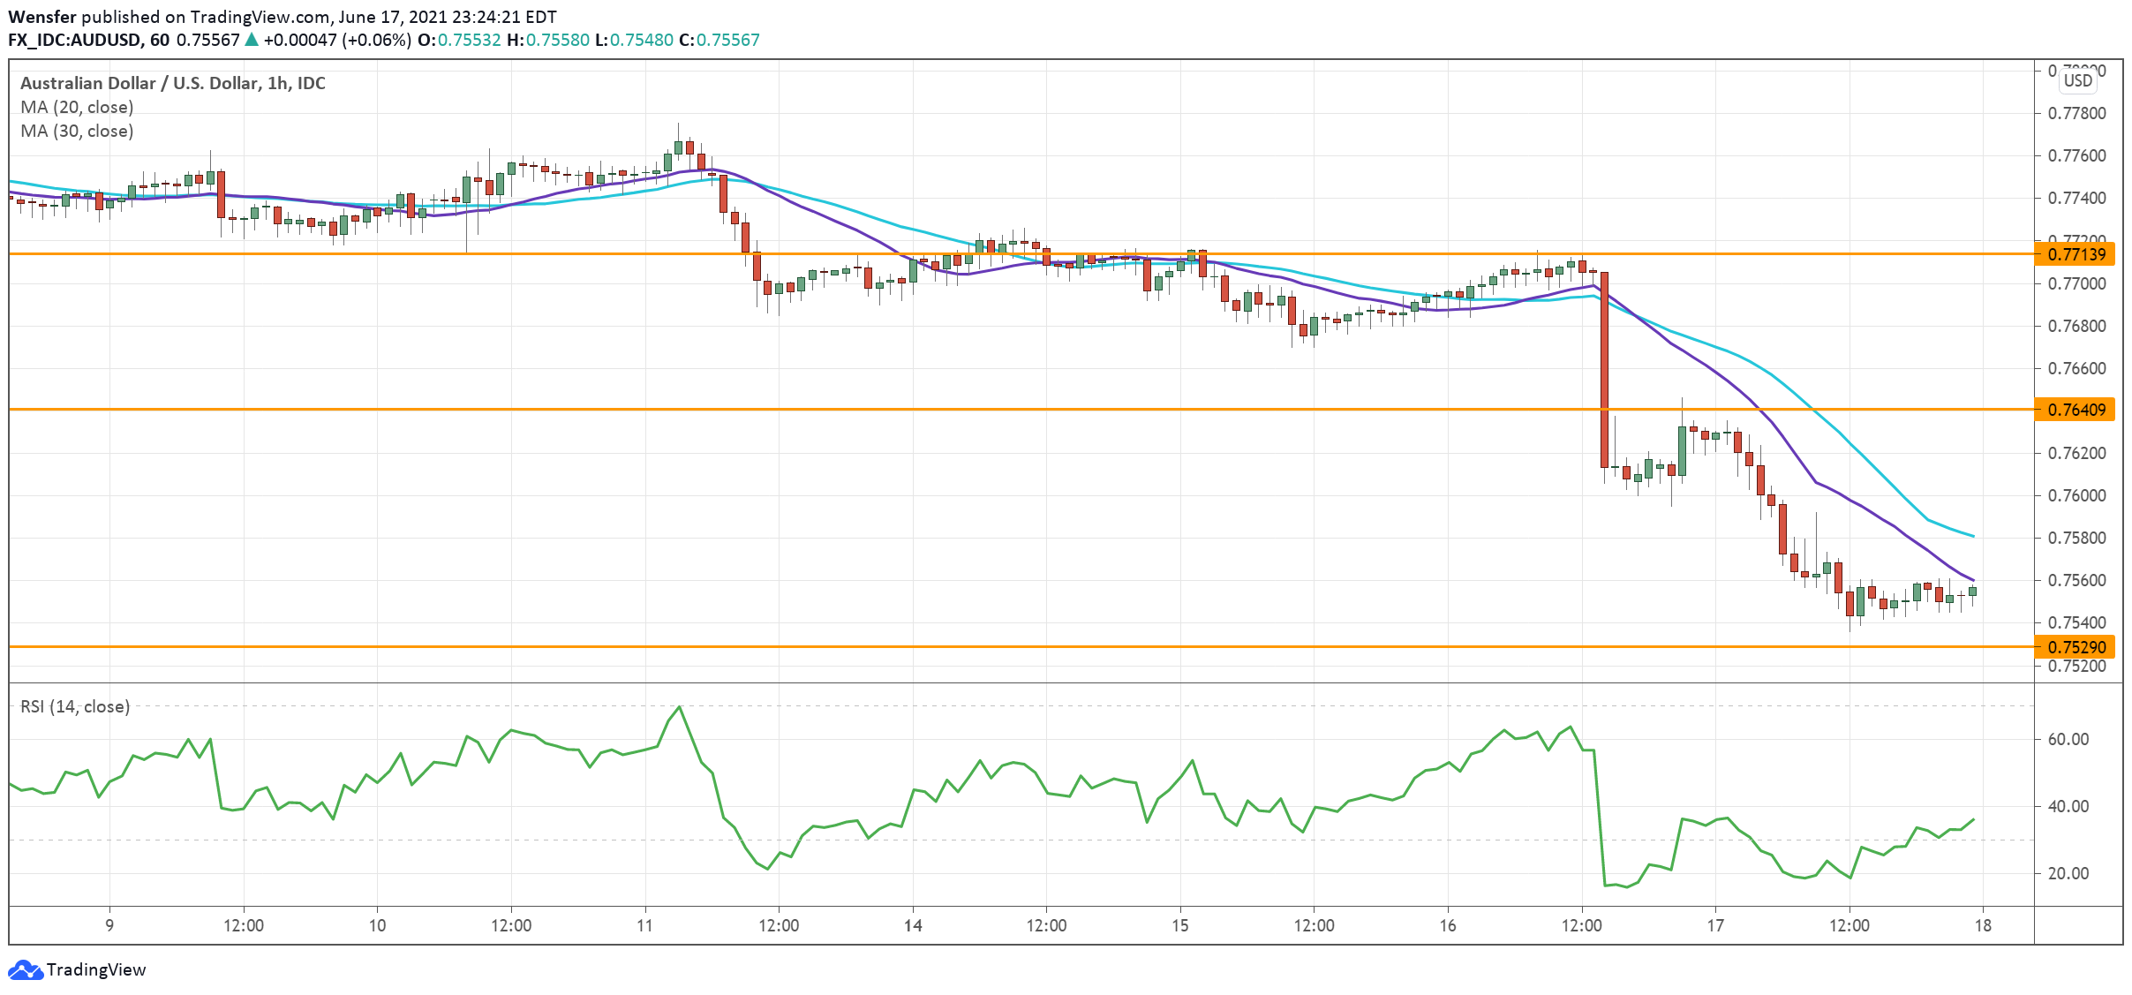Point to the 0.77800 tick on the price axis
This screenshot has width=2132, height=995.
[2075, 113]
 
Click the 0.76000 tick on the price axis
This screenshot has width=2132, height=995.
[2075, 495]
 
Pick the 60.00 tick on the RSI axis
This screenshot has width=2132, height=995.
[2068, 739]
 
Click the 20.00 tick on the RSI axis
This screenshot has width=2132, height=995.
[2068, 873]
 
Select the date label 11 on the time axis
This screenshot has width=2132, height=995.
[645, 925]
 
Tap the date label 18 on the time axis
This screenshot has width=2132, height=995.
[1983, 925]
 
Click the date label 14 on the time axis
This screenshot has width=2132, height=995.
[913, 925]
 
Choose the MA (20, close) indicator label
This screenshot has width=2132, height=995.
[77, 107]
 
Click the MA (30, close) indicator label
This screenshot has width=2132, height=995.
[77, 131]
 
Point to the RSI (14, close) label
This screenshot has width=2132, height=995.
[75, 706]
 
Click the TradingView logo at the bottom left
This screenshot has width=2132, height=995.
[78, 969]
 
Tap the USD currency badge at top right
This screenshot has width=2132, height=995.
[2077, 80]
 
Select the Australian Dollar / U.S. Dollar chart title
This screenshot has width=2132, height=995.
[172, 83]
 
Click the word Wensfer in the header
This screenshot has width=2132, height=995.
[41, 17]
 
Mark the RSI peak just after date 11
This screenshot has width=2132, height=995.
[679, 707]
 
